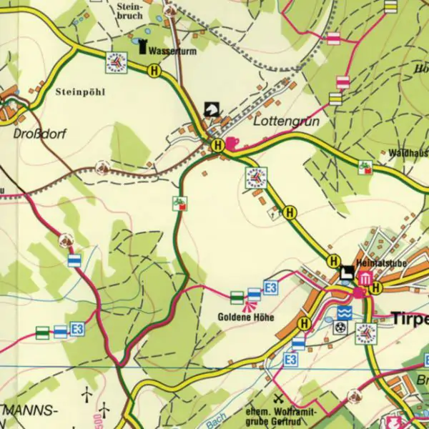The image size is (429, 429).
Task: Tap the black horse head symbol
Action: pos(212,108)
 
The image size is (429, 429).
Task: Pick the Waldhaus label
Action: pos(408,153)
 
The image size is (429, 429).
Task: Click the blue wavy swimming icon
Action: pos(345,312)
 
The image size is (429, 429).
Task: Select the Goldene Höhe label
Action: pos(247,317)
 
